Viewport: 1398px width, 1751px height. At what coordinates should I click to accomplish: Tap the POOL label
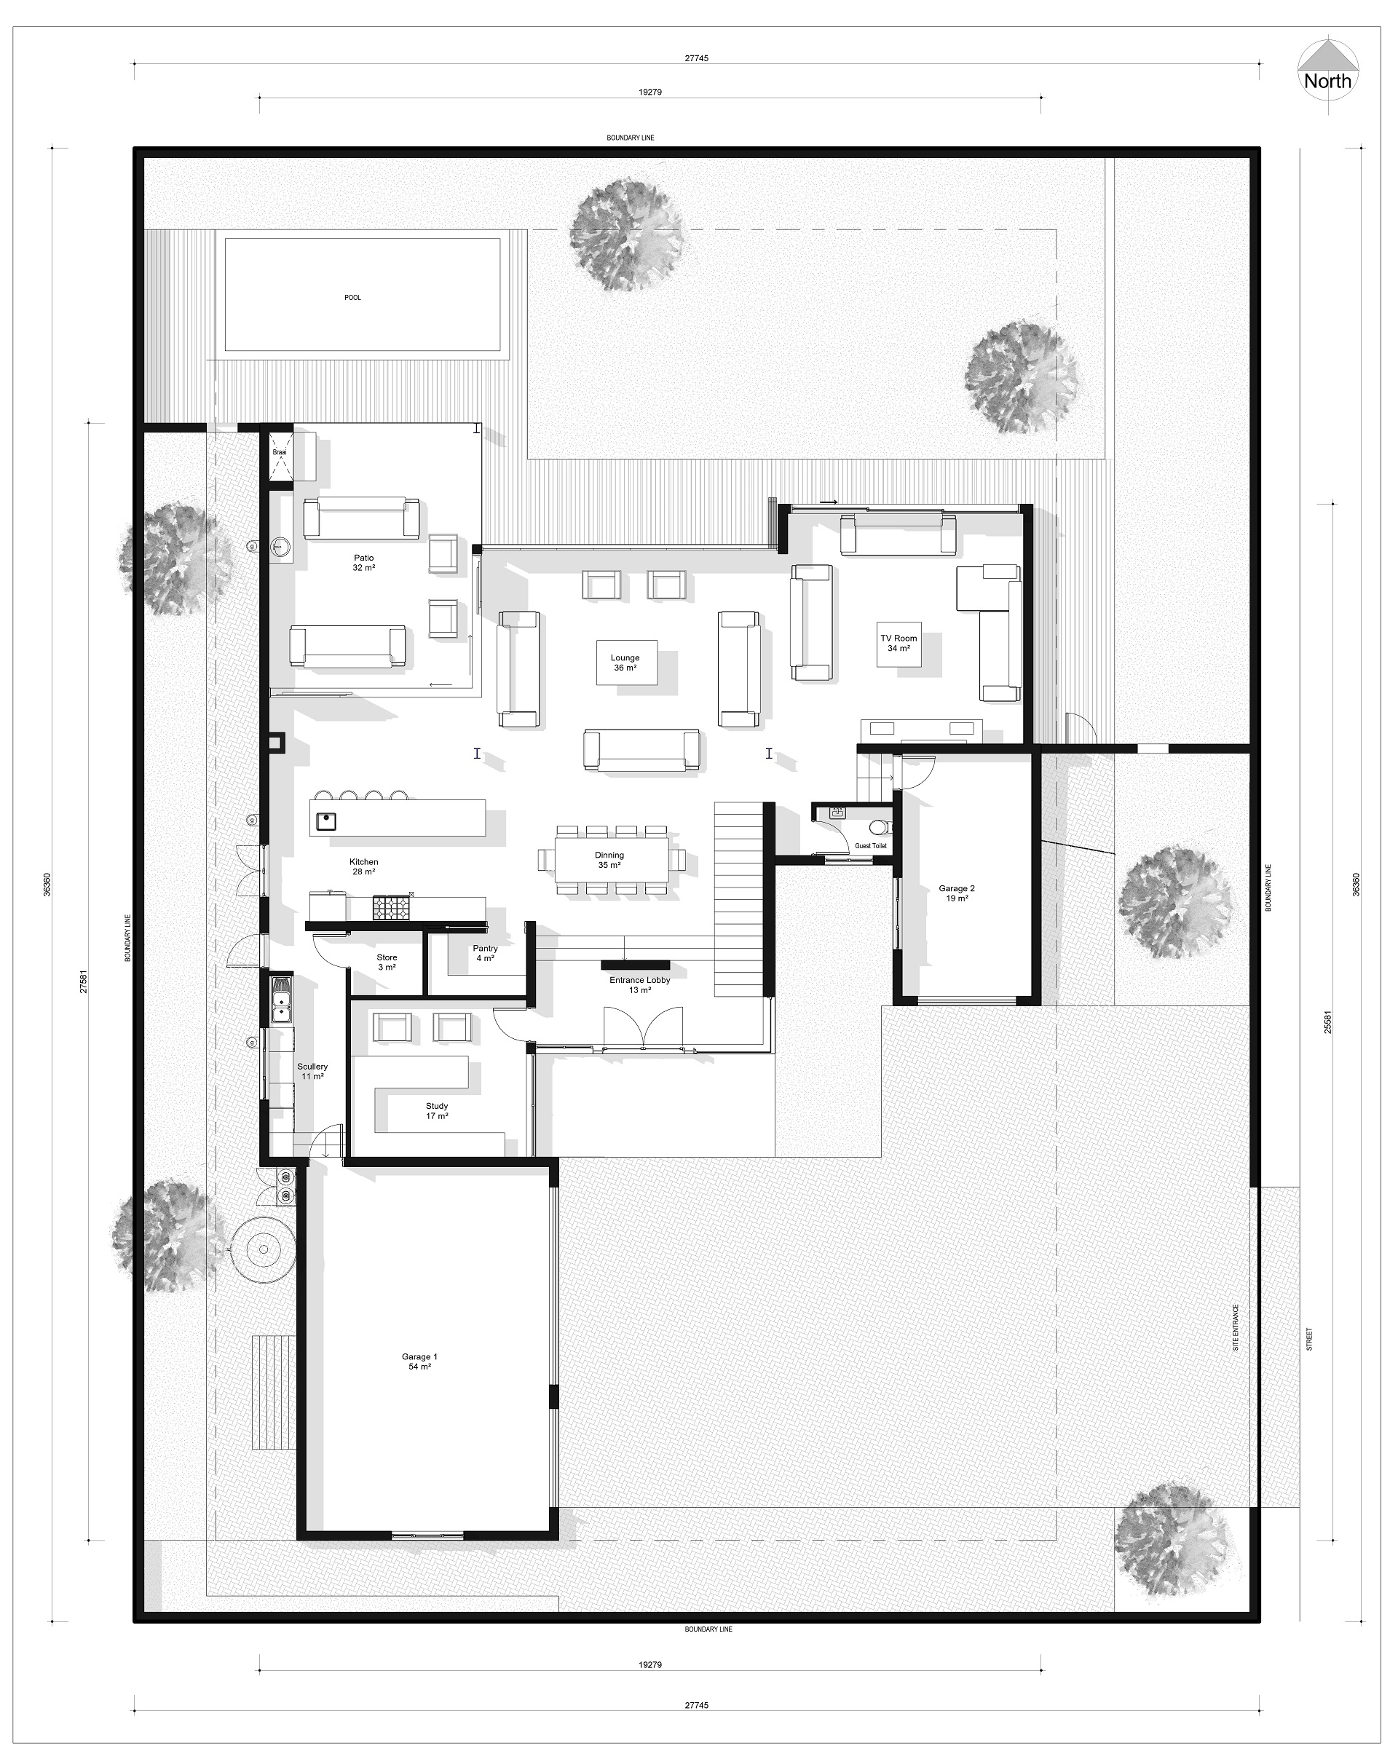click(352, 297)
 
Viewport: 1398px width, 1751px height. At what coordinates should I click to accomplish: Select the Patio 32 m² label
click(364, 563)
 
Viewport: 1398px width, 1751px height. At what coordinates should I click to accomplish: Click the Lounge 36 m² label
click(625, 663)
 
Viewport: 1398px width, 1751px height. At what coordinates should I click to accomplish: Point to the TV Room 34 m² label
click(899, 643)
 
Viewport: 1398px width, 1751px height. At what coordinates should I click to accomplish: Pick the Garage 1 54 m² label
click(419, 1361)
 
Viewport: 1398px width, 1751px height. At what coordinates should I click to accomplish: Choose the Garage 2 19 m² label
click(957, 893)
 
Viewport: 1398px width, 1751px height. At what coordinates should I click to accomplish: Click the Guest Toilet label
click(871, 845)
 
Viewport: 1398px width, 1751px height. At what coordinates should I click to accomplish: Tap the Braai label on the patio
click(280, 452)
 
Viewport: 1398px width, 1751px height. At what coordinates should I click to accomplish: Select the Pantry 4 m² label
click(485, 952)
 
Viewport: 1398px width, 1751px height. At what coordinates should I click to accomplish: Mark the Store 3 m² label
click(387, 963)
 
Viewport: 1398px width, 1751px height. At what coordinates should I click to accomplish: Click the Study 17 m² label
click(437, 1110)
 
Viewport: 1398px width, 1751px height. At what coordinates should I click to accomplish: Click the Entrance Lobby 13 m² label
click(640, 984)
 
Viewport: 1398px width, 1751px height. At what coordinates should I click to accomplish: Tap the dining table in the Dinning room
click(612, 859)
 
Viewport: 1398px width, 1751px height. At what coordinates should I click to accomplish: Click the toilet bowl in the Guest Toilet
click(877, 828)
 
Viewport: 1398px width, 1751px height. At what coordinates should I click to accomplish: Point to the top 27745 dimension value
click(696, 58)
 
